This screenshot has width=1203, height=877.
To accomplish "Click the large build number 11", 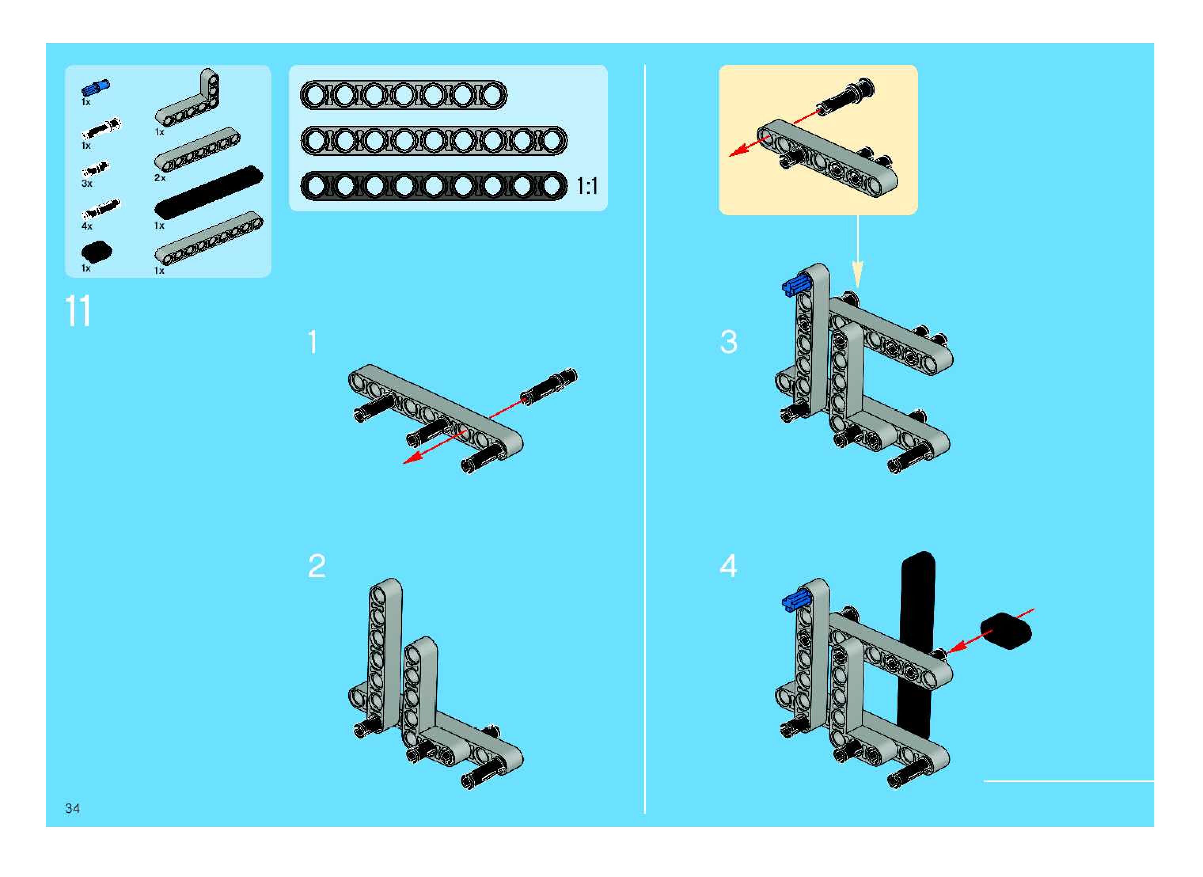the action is click(x=78, y=311).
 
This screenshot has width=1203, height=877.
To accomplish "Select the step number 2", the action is click(x=317, y=566).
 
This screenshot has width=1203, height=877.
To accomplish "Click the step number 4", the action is click(x=728, y=566).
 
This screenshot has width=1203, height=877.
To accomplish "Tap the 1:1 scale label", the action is click(x=587, y=186).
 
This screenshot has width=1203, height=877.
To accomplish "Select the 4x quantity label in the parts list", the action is click(x=87, y=226).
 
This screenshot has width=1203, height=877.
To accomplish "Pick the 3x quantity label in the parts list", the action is click(x=87, y=184).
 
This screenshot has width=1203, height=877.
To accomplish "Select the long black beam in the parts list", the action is click(x=209, y=192).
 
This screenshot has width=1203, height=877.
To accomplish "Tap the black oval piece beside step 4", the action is click(x=1005, y=631).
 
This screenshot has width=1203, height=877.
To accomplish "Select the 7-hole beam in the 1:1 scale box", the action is click(x=404, y=95).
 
